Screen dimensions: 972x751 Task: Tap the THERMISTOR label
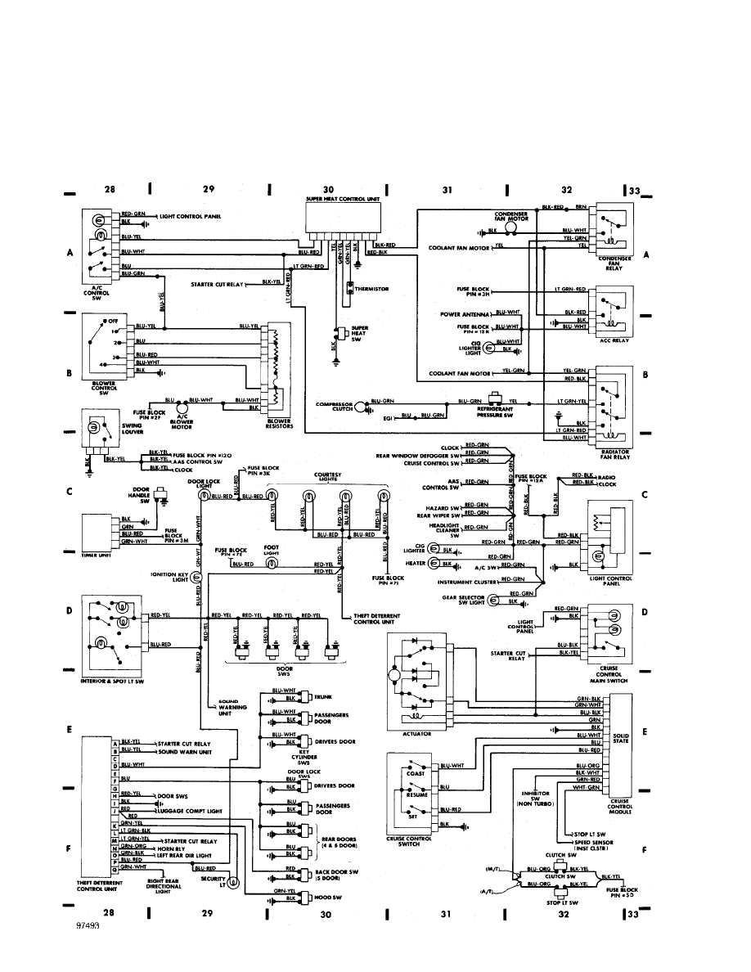372,289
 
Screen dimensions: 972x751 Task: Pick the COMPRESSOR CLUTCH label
336,406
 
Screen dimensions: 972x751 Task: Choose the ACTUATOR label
417,734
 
